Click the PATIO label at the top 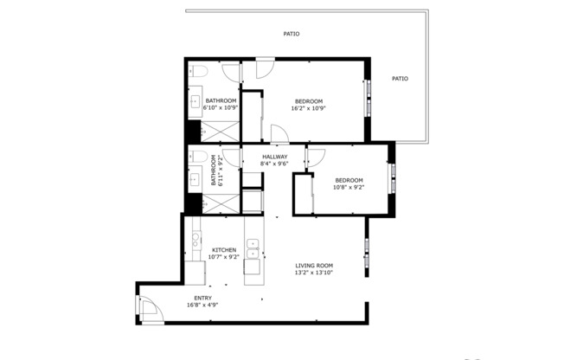tap(292, 34)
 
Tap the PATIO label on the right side tap(400, 79)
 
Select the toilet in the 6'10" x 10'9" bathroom tap(197, 71)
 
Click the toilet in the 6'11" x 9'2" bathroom tap(197, 157)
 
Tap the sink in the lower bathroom tap(195, 180)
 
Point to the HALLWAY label tap(275, 157)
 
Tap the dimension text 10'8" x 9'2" tap(349, 187)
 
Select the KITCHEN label tap(224, 249)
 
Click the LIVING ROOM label tap(314, 266)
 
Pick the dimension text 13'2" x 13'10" tap(314, 273)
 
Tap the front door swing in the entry tap(149, 309)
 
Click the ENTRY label tap(202, 298)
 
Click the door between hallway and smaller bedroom tap(314, 157)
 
